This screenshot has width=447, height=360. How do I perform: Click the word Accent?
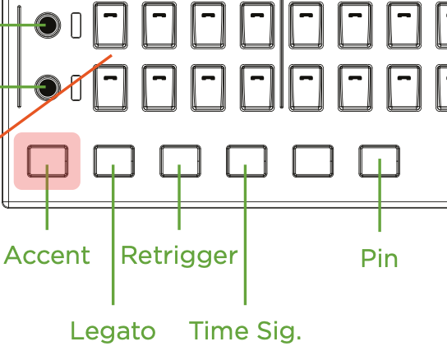click(47, 255)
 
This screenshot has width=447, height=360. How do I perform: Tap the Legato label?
click(113, 331)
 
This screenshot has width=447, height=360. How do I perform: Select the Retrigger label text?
click(179, 256)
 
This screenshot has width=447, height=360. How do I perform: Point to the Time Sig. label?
click(245, 331)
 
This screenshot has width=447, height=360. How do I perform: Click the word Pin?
click(379, 258)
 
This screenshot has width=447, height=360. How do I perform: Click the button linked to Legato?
click(114, 161)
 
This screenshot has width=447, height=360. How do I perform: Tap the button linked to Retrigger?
click(180, 161)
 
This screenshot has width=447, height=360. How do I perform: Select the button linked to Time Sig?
click(247, 161)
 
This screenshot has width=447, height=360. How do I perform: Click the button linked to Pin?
click(379, 161)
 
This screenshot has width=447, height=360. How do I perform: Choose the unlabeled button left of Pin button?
click(313, 161)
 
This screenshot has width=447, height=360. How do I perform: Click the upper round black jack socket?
click(48, 25)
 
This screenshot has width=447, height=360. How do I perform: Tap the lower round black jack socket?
click(48, 88)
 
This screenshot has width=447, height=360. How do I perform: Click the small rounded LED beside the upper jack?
click(76, 25)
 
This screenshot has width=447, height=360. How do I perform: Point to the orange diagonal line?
click(56, 95)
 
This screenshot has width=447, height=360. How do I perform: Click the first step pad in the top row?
click(111, 25)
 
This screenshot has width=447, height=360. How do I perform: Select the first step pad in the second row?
click(111, 88)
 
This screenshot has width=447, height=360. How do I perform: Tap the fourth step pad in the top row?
click(257, 25)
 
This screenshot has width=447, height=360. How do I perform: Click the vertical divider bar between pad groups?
click(282, 54)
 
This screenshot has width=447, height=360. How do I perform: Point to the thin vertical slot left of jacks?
click(19, 57)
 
